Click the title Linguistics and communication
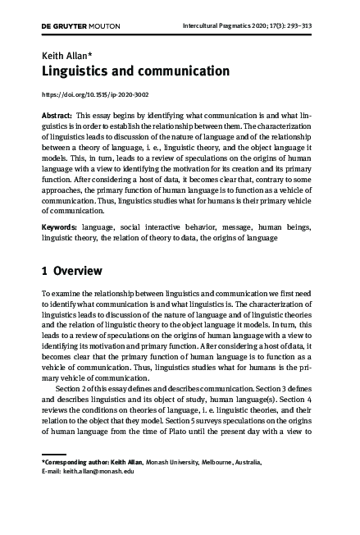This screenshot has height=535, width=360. pyautogui.click(x=135, y=71)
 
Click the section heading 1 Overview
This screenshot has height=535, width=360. pyautogui.click(x=71, y=270)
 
